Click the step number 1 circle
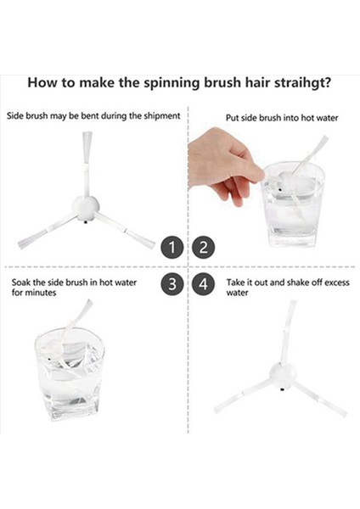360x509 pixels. tap(172, 248)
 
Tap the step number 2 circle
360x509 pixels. tap(203, 248)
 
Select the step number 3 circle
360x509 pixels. tap(172, 284)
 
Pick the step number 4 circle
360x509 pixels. tap(203, 284)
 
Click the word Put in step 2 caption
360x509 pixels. tap(233, 118)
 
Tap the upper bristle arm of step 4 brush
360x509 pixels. tap(286, 326)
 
